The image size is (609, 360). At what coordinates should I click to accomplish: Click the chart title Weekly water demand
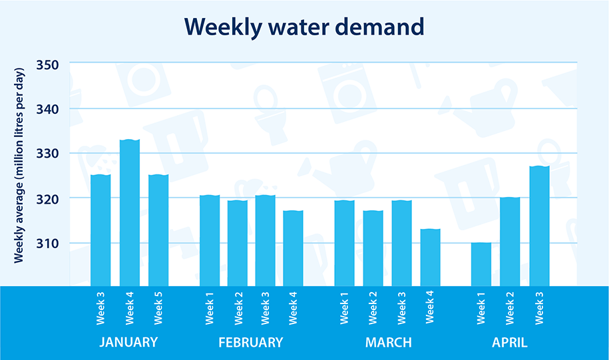pos(304,26)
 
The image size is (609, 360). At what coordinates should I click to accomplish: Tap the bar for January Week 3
pos(101,230)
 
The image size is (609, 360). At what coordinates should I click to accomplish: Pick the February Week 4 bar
pos(293,248)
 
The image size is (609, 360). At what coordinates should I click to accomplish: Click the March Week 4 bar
pos(430,257)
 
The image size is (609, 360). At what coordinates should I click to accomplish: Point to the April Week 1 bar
pos(481,264)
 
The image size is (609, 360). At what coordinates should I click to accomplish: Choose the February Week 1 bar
pos(210,240)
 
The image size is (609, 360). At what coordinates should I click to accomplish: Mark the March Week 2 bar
pos(373,248)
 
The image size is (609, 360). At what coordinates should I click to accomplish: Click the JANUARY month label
pos(128,343)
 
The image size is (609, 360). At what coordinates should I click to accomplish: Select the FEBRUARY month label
pos(250,343)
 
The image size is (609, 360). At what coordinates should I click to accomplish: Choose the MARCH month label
pos(388,343)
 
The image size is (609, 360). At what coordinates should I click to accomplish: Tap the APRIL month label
pos(509,343)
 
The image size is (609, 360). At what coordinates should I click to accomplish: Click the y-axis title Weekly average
pos(20,164)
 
